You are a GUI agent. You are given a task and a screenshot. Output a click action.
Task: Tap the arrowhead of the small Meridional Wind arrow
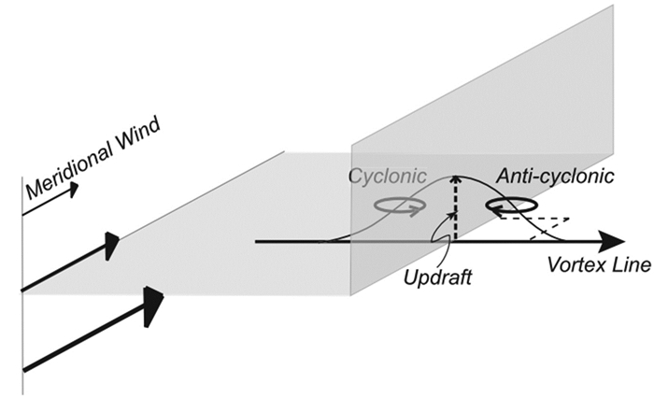(x=73, y=190)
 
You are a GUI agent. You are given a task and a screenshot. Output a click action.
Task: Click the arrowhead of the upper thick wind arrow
(x=112, y=245)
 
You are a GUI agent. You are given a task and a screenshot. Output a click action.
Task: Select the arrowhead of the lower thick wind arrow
(x=153, y=305)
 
